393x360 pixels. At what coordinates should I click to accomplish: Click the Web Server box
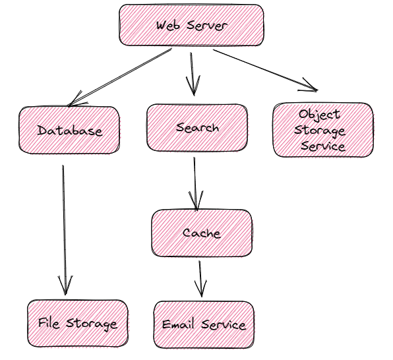click(191, 25)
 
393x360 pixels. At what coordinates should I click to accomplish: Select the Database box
click(69, 130)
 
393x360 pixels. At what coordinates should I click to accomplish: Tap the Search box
click(197, 128)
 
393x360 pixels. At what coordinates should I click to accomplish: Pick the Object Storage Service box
click(323, 130)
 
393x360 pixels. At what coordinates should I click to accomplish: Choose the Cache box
click(202, 233)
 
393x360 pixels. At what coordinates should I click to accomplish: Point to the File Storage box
click(78, 323)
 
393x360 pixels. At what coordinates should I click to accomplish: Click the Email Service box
click(204, 324)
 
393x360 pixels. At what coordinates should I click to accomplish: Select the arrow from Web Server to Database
click(120, 77)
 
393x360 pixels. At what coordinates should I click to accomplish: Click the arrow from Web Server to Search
click(193, 74)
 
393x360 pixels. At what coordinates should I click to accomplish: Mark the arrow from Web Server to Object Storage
click(266, 70)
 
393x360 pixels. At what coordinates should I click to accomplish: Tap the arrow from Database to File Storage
click(64, 230)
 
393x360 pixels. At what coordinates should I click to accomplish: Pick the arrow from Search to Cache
click(195, 184)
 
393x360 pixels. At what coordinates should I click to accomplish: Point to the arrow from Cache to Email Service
click(200, 279)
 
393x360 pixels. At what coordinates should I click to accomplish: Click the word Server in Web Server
click(207, 26)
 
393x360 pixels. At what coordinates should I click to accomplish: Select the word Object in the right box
click(320, 115)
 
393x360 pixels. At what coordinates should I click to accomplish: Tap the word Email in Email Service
click(178, 324)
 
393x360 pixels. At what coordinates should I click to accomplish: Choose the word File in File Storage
click(49, 322)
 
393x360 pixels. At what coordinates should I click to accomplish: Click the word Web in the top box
click(168, 26)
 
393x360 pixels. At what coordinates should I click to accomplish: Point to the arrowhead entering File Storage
click(65, 285)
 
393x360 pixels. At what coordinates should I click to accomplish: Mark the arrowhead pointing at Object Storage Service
click(309, 86)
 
